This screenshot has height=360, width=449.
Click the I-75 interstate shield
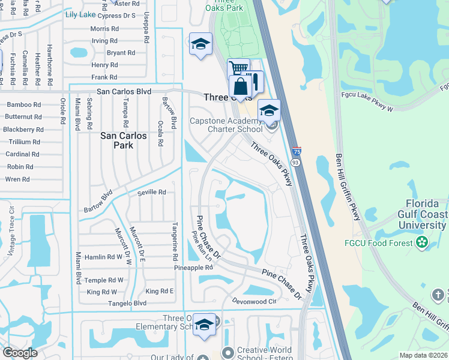click(297, 151)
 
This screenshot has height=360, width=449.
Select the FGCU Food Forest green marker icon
click(423, 242)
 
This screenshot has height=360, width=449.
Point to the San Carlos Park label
click(123, 140)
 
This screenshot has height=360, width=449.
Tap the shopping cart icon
click(238, 68)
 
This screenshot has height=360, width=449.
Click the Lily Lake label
click(80, 13)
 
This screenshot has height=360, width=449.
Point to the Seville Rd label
click(151, 192)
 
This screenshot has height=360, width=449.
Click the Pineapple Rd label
click(193, 268)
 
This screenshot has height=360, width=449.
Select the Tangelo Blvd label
click(127, 304)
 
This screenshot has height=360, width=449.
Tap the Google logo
click(20, 353)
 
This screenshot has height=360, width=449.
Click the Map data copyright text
click(423, 355)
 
